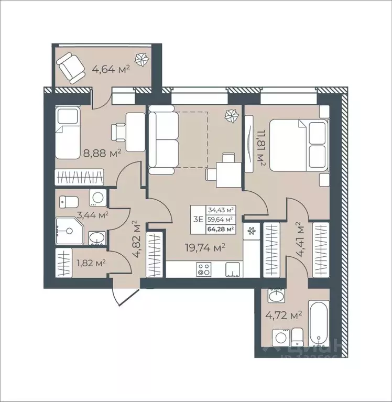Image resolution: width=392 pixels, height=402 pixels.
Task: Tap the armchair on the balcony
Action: tap(71, 67)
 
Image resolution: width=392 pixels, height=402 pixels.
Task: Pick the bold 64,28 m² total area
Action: tap(221, 229)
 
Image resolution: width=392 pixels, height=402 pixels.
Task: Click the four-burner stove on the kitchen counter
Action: tap(204, 269)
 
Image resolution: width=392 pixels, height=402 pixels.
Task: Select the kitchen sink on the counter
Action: tap(232, 269)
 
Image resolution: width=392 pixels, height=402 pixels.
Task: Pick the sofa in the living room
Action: tap(164, 139)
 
